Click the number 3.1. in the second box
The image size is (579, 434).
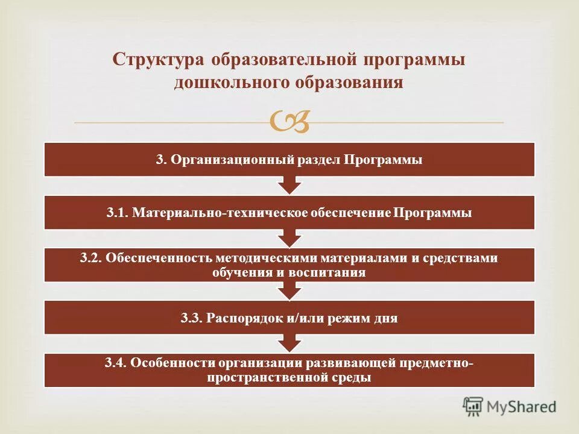coord(117,213)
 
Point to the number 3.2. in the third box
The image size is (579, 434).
coord(91,258)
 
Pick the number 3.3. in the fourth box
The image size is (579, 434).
coord(192,318)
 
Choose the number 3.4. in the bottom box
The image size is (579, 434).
coord(115,363)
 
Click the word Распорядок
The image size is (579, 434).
coord(242,318)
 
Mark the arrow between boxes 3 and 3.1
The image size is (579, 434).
coord(289,184)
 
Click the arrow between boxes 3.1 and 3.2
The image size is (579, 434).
coord(289,237)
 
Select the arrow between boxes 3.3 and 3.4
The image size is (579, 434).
coord(289,343)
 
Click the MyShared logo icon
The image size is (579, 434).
coord(473,406)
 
